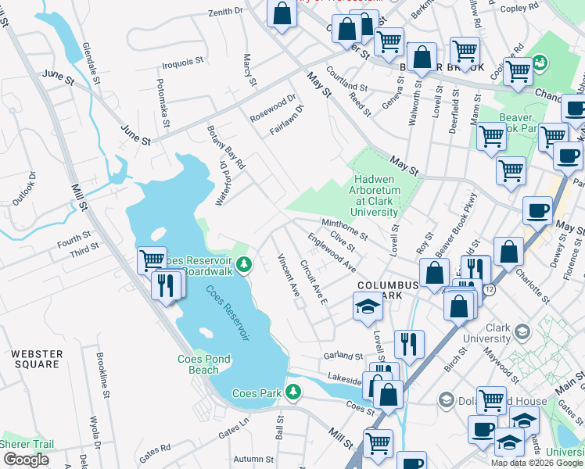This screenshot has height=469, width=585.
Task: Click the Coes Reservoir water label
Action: click(228, 313)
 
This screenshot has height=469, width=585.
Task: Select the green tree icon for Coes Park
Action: click(293, 391)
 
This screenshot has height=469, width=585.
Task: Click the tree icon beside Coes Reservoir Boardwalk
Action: click(244, 265)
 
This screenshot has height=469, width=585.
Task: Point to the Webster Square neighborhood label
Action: click(36, 360)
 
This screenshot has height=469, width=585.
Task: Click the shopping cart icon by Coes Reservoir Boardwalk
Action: click(150, 260)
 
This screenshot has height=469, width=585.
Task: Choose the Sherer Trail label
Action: click(27, 444)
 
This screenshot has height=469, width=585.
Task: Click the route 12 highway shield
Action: click(488, 289)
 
